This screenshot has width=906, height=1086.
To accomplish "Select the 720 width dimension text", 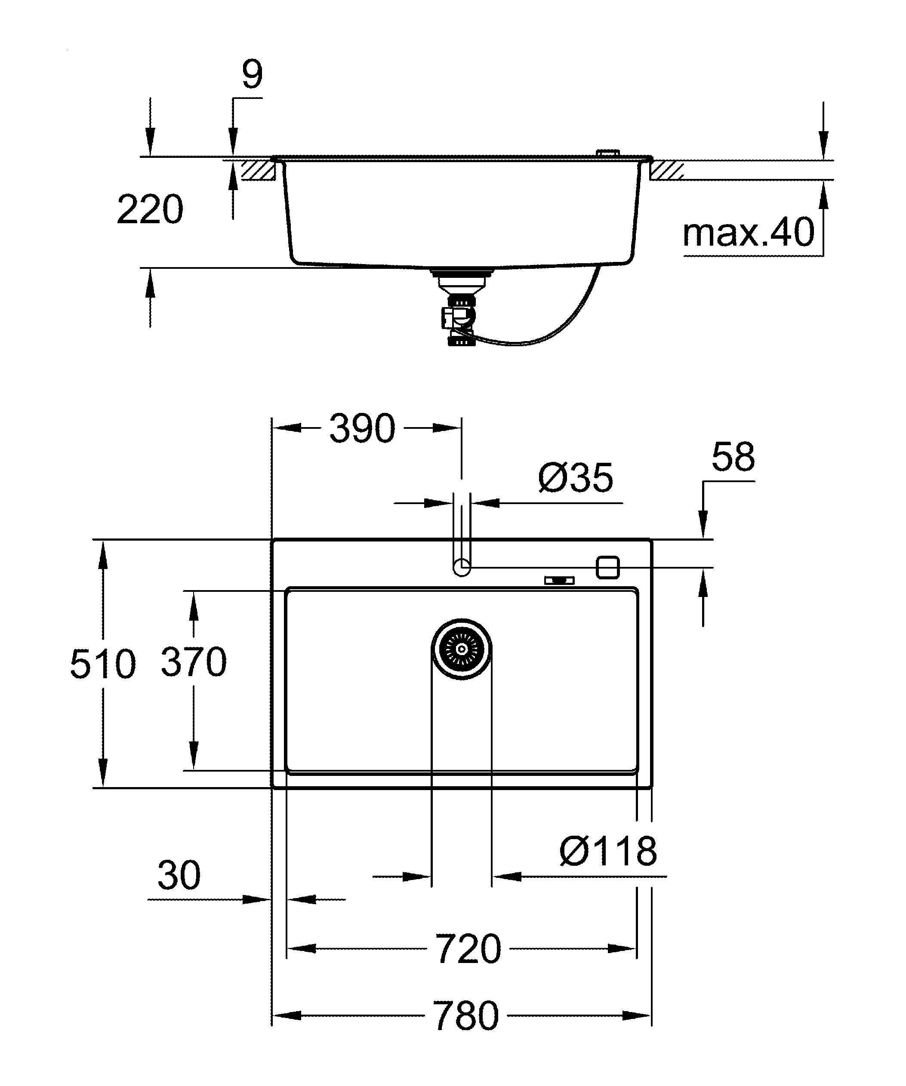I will [468, 949].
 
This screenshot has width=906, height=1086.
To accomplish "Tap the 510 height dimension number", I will [102, 664].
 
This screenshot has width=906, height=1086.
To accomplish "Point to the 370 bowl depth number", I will [194, 661].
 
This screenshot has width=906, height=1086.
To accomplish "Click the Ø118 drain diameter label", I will [607, 852].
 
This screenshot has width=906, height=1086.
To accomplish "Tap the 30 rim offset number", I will [179, 876].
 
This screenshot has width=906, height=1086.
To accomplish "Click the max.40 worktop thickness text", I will [748, 233].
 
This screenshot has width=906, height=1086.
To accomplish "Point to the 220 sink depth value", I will [150, 209].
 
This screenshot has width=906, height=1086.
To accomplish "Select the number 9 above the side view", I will [252, 74].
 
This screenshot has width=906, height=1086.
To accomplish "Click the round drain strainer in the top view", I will [461, 649].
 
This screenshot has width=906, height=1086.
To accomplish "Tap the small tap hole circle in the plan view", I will [462, 567].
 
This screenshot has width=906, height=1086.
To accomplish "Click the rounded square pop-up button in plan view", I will [607, 567].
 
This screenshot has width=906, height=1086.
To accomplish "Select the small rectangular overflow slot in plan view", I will [559, 581].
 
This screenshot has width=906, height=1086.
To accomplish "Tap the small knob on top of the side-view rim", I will [607, 153].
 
